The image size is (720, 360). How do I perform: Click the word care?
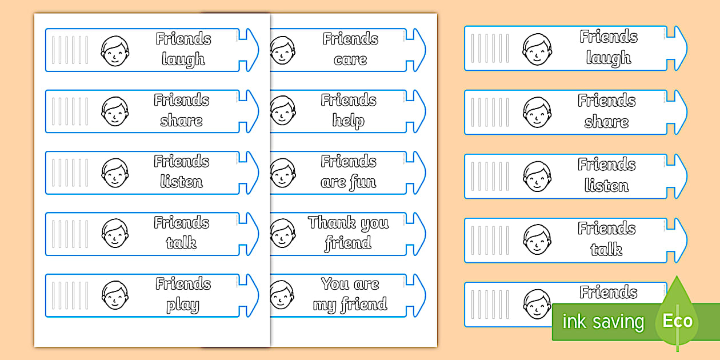click(350, 60)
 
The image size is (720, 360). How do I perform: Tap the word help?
click(349, 121)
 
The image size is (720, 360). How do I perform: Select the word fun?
click(363, 182)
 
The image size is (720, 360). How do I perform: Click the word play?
click(183, 305)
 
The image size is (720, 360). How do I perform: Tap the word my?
click(325, 305)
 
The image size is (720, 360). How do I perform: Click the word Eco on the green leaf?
click(678, 321)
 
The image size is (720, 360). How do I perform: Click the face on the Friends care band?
click(282, 50)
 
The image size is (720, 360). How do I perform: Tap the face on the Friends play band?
click(115, 295)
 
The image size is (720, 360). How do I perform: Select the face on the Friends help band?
click(282, 111)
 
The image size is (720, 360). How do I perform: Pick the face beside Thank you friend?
click(282, 233)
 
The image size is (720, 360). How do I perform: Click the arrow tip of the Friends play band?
click(258, 295)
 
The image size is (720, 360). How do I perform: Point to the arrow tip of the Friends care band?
click(425, 50)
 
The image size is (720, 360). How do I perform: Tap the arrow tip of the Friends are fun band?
click(425, 173)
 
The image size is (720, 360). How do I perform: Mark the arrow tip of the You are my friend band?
click(425, 295)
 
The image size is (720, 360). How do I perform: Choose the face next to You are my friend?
click(282, 295)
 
